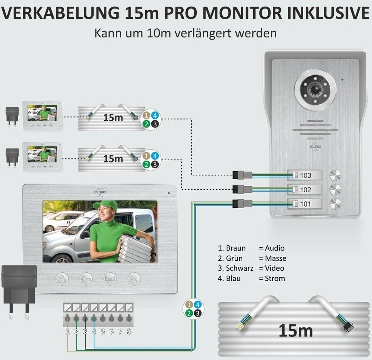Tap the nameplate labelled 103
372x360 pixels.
point(304,175)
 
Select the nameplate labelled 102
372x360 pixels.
point(304,189)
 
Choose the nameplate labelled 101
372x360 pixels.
point(304,204)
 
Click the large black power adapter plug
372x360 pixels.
point(19,286)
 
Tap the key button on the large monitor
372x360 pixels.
point(86,279)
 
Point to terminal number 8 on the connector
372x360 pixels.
point(129,319)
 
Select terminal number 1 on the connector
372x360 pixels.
point(68,319)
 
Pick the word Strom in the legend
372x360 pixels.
point(275,278)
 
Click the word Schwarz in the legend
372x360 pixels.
point(240,268)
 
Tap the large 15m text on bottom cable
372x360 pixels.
point(295,331)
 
